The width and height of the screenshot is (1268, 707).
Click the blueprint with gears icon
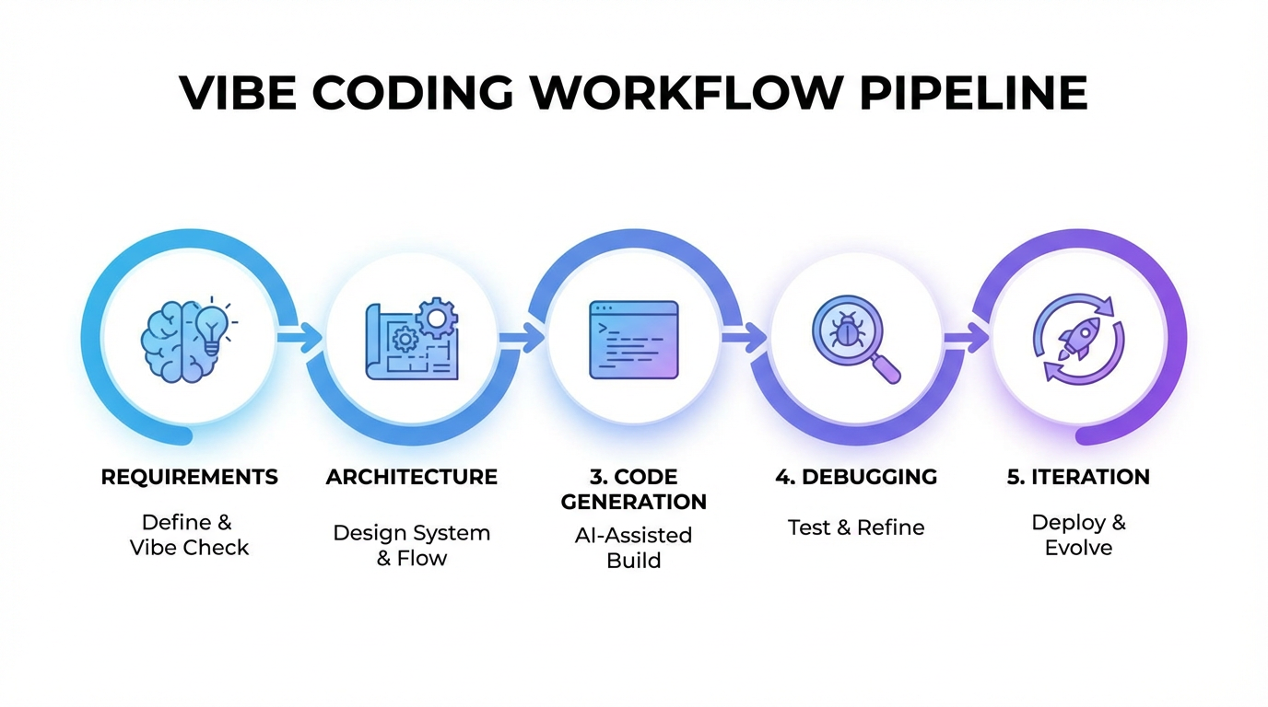click(x=412, y=339)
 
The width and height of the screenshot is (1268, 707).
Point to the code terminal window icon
click(x=633, y=339)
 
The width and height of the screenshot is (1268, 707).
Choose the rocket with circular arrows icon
click(x=1077, y=338)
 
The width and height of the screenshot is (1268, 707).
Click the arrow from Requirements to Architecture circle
click(x=299, y=338)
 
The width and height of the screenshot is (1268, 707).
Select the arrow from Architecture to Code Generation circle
click(x=523, y=338)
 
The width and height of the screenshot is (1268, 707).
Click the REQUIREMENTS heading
click(x=189, y=477)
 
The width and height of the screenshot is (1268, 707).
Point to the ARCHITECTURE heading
click(x=412, y=477)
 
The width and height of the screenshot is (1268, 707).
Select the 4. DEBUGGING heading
click(x=856, y=477)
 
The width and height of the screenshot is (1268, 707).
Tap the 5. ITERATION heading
click(x=1078, y=477)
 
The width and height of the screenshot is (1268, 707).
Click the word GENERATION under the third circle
click(x=634, y=502)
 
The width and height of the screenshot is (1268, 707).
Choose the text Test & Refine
click(x=856, y=527)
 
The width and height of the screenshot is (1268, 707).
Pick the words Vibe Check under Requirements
click(x=189, y=548)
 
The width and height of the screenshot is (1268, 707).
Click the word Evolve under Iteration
click(x=1078, y=548)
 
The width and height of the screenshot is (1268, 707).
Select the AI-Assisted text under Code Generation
click(x=633, y=535)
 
